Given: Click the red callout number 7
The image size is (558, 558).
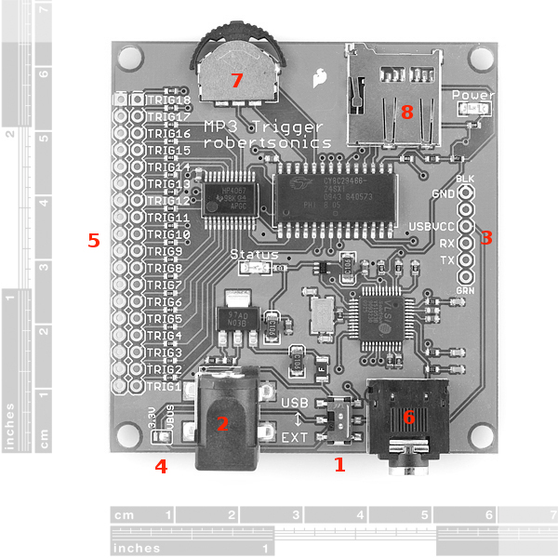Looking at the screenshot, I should (236, 81).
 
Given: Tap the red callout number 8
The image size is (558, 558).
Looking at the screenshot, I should (405, 112).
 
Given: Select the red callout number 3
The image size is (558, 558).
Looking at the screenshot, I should (485, 237).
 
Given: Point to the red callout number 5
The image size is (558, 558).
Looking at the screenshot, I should (92, 240).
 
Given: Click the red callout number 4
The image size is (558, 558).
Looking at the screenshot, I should (161, 467).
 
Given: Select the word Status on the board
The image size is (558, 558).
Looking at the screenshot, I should (247, 254).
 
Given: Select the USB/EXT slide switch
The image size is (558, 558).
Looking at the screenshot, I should (336, 420).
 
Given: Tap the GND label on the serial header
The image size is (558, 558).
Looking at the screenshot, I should (443, 193).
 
